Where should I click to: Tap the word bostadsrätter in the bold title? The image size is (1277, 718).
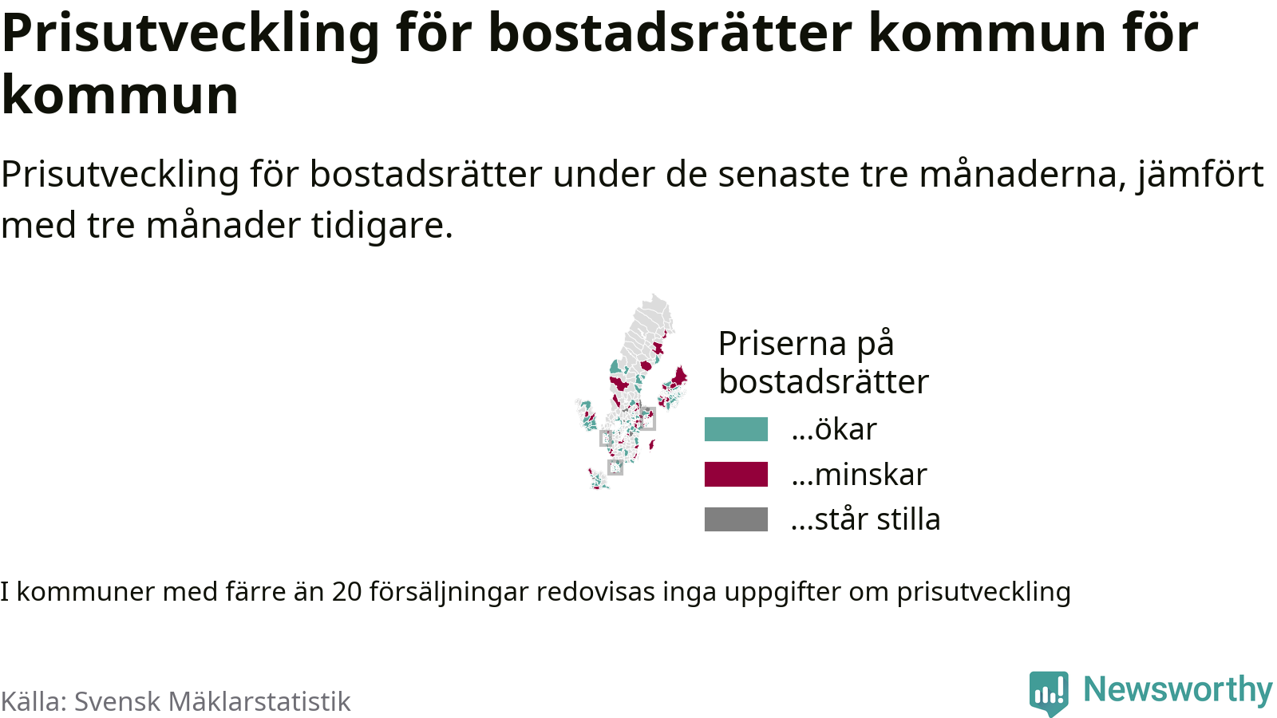click(670, 33)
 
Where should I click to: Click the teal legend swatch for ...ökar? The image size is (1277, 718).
click(736, 429)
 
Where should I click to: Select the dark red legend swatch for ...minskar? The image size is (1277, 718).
click(736, 474)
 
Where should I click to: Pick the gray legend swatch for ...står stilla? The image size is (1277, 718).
click(736, 519)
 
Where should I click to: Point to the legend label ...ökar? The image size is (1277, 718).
click(834, 429)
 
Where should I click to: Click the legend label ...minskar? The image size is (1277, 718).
click(859, 474)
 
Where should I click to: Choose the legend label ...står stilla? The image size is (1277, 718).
click(865, 519)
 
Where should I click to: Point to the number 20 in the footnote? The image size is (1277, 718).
click(347, 592)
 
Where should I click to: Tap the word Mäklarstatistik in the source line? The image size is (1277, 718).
click(259, 701)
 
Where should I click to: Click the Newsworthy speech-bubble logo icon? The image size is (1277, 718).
click(1049, 692)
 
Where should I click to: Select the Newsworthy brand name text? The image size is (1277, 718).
click(1178, 689)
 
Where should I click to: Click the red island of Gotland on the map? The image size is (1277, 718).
click(651, 444)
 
